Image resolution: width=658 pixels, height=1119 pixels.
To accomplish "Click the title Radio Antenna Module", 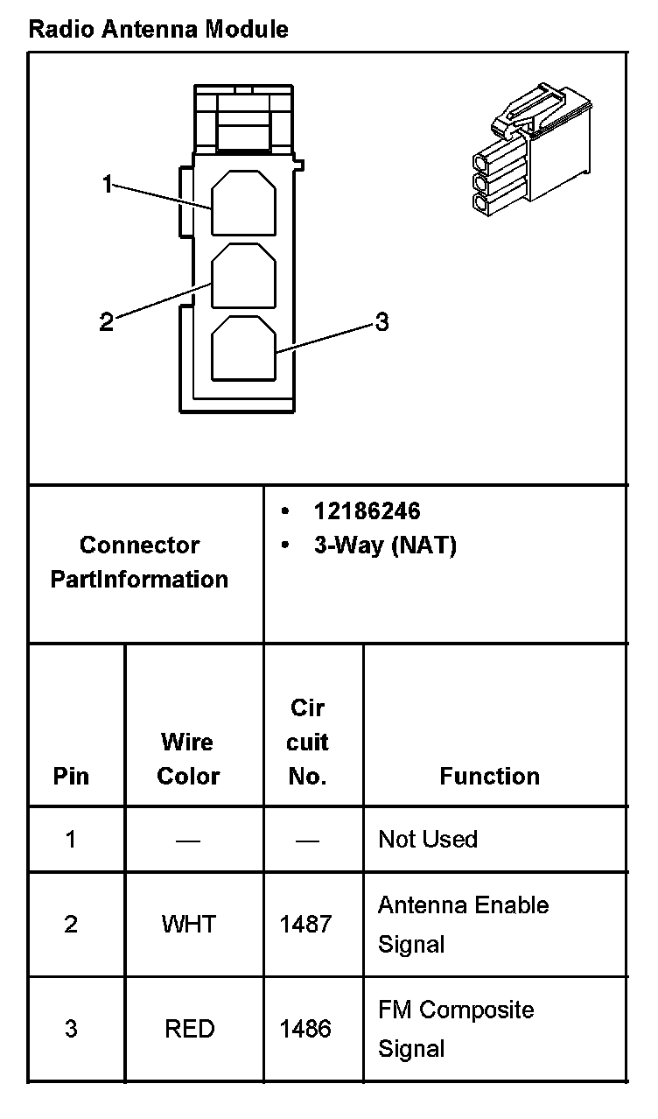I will [x=158, y=30].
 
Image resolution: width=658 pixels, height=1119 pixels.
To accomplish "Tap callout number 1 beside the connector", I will [x=107, y=185].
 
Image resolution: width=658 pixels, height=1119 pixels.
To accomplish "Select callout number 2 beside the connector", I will [x=106, y=322].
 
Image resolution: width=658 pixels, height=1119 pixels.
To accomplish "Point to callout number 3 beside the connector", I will [x=381, y=322].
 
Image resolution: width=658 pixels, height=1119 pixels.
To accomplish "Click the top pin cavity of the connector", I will [x=244, y=203].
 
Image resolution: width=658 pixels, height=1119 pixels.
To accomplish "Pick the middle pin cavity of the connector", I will [x=244, y=276].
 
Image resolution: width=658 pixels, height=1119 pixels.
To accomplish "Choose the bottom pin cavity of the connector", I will [x=244, y=348].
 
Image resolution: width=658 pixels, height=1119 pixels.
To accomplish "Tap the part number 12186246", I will [x=367, y=511].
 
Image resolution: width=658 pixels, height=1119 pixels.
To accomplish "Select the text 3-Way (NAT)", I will [x=385, y=546].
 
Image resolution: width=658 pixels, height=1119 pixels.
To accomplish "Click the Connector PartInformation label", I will [x=140, y=562].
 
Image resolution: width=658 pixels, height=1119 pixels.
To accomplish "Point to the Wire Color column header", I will [x=188, y=759].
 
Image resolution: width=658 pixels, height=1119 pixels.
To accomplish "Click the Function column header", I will [x=489, y=776].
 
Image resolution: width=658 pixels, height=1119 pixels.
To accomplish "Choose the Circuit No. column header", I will [x=308, y=742].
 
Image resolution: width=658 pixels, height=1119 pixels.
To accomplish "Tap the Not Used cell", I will [x=428, y=839].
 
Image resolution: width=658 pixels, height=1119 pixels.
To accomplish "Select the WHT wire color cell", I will [x=188, y=924].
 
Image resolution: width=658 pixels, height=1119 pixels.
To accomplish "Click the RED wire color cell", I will [x=189, y=1029].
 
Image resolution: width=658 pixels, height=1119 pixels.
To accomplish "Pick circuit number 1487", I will [x=305, y=924].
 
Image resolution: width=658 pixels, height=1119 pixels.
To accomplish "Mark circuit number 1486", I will [x=305, y=1029].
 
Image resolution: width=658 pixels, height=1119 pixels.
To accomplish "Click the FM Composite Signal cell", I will [x=455, y=1029].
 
